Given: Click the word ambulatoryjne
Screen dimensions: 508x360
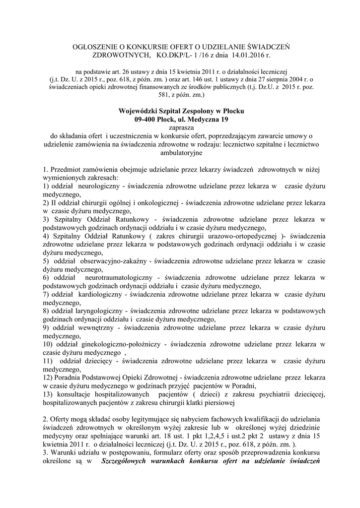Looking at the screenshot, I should [182, 153].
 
